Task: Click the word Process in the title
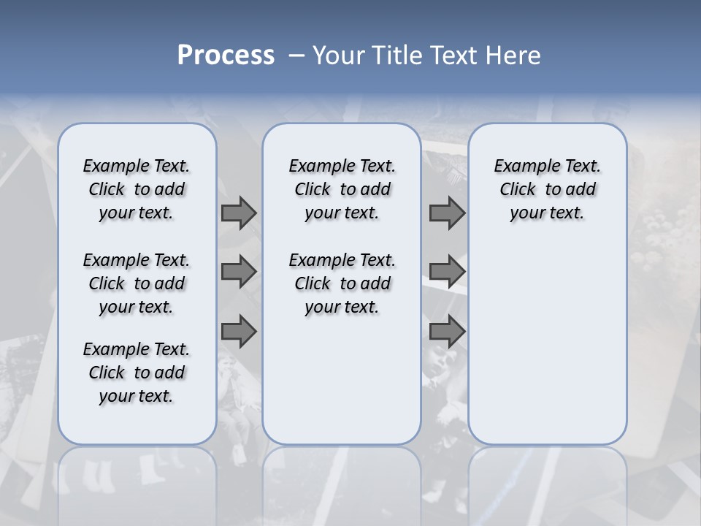pyautogui.click(x=226, y=56)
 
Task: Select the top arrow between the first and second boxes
pyautogui.click(x=239, y=213)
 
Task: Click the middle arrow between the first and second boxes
pyautogui.click(x=239, y=272)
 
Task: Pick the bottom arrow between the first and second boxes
pyautogui.click(x=239, y=332)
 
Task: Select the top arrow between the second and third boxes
pyautogui.click(x=447, y=213)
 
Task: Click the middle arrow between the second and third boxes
pyautogui.click(x=447, y=272)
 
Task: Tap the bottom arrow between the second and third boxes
pyautogui.click(x=447, y=332)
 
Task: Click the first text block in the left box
pyautogui.click(x=137, y=189)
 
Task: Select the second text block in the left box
pyautogui.click(x=137, y=283)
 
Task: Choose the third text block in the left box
pyautogui.click(x=137, y=373)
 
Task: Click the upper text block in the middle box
pyautogui.click(x=342, y=189)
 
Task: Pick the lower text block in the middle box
pyautogui.click(x=342, y=283)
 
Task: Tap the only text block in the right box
pyautogui.click(x=548, y=189)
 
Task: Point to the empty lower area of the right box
pyautogui.click(x=548, y=343)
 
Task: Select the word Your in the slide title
pyautogui.click(x=340, y=56)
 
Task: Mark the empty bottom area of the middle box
pyautogui.click(x=342, y=387)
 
